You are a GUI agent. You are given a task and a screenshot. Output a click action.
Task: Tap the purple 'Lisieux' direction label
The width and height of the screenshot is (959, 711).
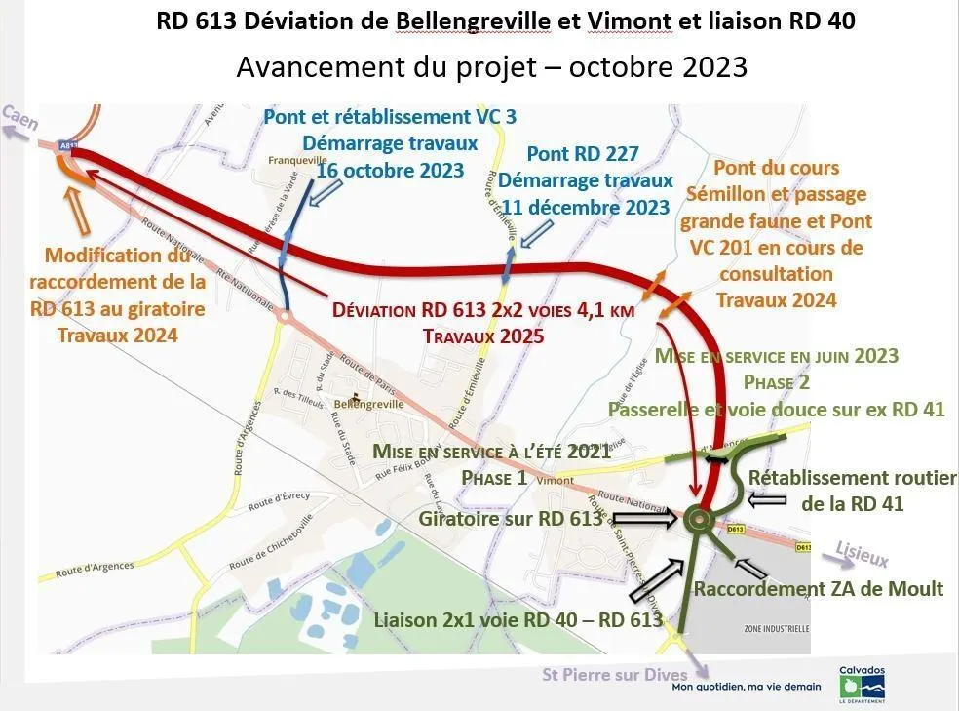click(x=863, y=556)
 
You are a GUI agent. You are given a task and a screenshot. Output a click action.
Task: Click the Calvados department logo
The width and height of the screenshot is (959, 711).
click(x=863, y=683)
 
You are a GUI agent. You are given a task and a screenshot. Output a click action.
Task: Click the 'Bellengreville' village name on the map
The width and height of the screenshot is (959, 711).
click(x=367, y=404)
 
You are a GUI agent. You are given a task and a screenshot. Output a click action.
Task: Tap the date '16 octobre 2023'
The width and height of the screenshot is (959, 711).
click(x=390, y=171)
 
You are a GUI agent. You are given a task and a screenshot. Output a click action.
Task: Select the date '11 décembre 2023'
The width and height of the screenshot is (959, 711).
click(x=584, y=207)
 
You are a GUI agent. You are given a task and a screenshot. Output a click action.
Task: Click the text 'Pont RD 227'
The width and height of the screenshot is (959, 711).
click(x=583, y=154)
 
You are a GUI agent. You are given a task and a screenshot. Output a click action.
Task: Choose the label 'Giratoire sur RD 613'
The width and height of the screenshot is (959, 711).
click(x=511, y=519)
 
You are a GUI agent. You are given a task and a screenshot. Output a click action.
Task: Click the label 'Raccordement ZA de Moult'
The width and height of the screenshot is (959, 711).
click(x=818, y=588)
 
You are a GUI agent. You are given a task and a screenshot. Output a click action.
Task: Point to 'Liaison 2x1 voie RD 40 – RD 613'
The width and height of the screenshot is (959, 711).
click(x=518, y=620)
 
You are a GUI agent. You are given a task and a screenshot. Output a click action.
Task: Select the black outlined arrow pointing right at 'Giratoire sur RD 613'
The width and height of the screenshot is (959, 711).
click(x=644, y=521)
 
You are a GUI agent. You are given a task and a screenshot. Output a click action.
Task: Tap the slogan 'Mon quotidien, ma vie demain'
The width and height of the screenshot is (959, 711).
click(x=747, y=687)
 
